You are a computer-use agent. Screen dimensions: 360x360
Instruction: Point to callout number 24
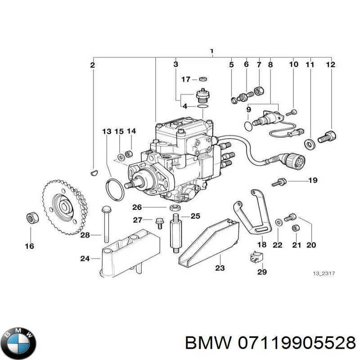pyautogui.click(x=84, y=258)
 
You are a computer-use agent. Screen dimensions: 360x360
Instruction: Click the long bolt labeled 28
pyautogui.click(x=106, y=224)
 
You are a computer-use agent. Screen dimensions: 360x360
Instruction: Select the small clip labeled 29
pyautogui.click(x=253, y=259)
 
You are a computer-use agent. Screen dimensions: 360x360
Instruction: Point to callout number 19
pyautogui.click(x=312, y=181)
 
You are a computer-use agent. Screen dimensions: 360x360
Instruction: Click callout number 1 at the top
pyautogui.click(x=211, y=51)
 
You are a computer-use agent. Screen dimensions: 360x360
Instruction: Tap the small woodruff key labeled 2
pyautogui.click(x=93, y=171)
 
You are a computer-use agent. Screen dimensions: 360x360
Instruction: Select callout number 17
pyautogui.click(x=186, y=79)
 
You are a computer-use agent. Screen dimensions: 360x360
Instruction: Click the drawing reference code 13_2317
pyautogui.click(x=324, y=274)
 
